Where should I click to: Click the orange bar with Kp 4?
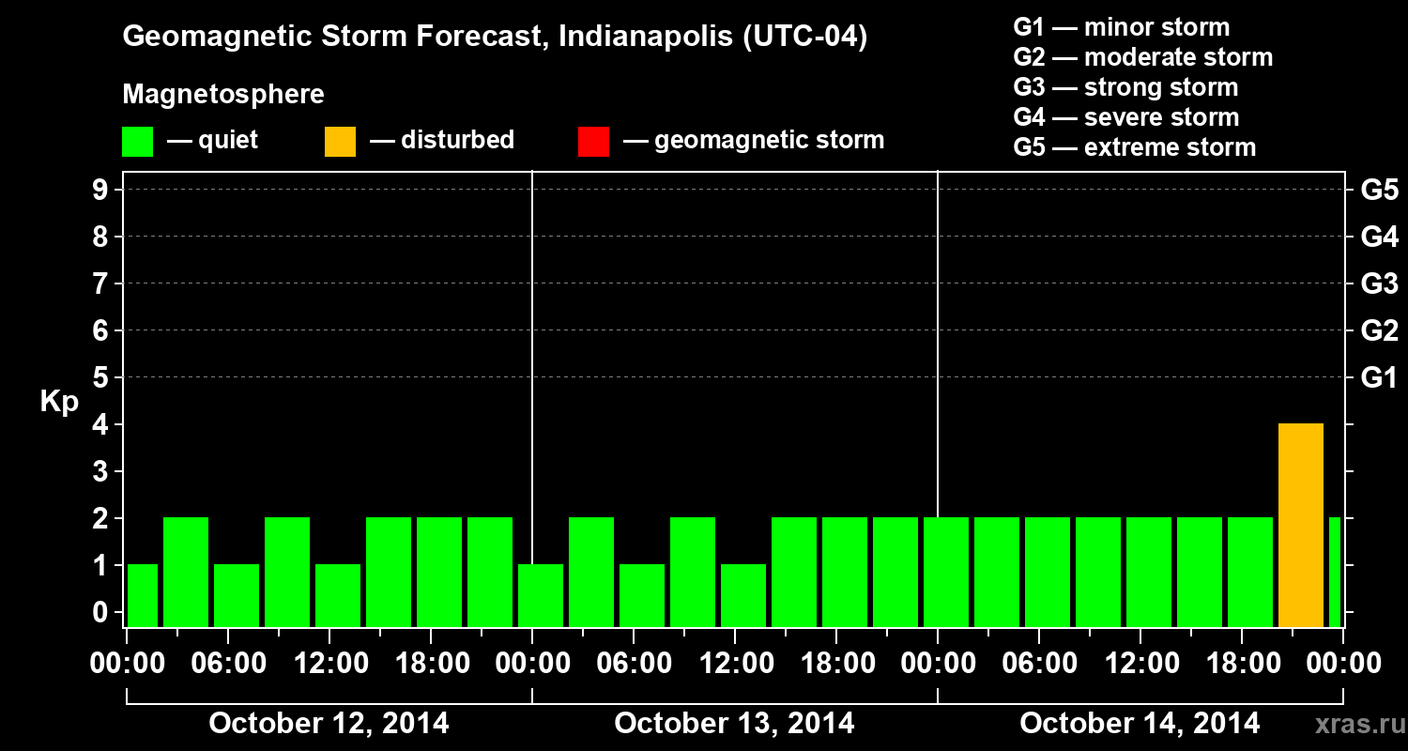(x=1300, y=525)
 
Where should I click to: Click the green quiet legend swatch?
(x=137, y=142)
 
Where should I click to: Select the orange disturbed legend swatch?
(x=340, y=142)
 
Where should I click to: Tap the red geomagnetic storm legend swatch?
(x=593, y=142)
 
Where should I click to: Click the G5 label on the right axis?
(x=1379, y=190)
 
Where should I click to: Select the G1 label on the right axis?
(x=1379, y=378)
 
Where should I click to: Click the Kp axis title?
(x=59, y=402)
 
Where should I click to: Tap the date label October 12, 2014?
(x=329, y=724)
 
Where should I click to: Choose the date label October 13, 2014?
(x=734, y=724)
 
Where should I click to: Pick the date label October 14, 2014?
(x=1140, y=724)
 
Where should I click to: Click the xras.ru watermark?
(x=1353, y=725)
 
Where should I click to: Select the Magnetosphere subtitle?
(x=223, y=95)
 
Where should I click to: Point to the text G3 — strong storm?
(x=1125, y=87)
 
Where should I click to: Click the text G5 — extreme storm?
(x=1134, y=147)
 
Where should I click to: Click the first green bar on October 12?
(x=143, y=595)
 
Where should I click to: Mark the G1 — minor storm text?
(x=1121, y=27)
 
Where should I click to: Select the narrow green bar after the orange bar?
(x=1335, y=572)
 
